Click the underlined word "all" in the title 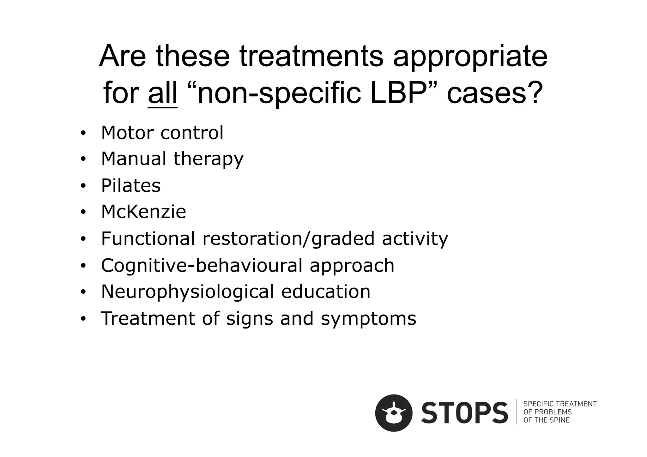pyautogui.click(x=162, y=93)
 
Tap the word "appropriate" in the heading pyautogui.click(x=470, y=57)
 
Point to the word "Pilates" pyautogui.click(x=131, y=185)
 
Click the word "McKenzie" pyautogui.click(x=143, y=212)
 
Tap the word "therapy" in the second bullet pyautogui.click(x=209, y=159)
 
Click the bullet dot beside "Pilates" pyautogui.click(x=83, y=186)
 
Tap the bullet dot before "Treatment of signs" pyautogui.click(x=83, y=319)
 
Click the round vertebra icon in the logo pyautogui.click(x=394, y=413)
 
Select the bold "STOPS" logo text pyautogui.click(x=465, y=413)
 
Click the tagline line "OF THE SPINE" pyautogui.click(x=547, y=420)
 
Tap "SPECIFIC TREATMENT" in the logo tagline pyautogui.click(x=560, y=404)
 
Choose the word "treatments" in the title pyautogui.click(x=311, y=57)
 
